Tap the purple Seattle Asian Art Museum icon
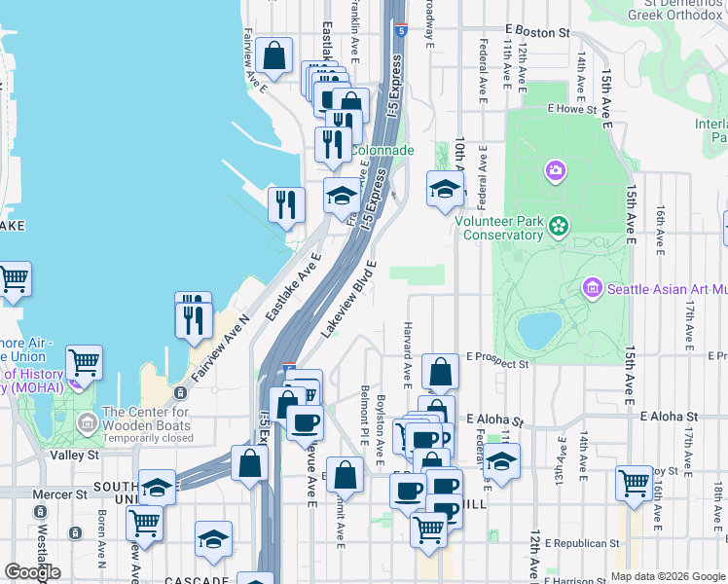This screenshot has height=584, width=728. [592, 288]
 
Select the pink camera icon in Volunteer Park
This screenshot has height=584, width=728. [556, 171]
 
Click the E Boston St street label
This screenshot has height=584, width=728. [536, 32]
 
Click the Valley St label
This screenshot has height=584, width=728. [75, 455]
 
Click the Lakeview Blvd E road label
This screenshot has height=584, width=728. [348, 300]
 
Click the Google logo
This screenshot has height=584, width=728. [32, 572]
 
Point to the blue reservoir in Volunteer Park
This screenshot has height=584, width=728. [539, 330]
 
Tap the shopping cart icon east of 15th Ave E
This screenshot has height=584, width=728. [634, 484]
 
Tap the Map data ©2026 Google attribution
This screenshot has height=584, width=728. [668, 576]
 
